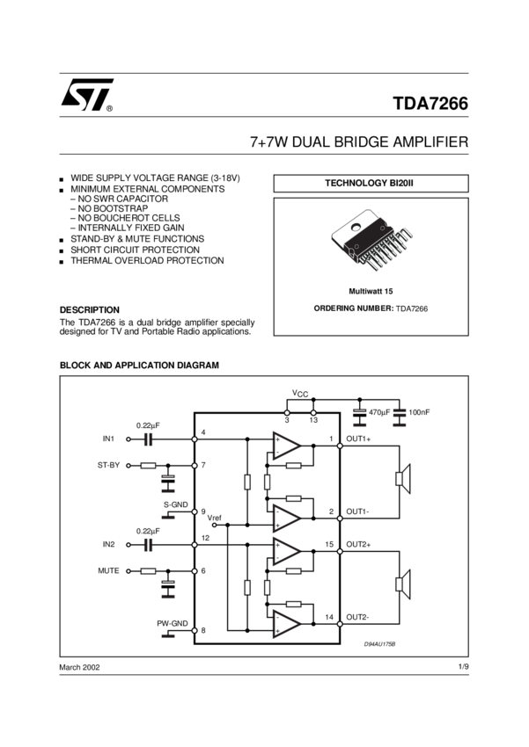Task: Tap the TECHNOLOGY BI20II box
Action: tap(370, 183)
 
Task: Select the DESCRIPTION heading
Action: tap(89, 309)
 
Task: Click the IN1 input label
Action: tap(109, 438)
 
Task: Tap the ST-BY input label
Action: tap(108, 466)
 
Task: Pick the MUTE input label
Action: tap(108, 571)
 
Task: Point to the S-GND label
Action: tap(176, 504)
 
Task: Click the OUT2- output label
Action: tap(358, 617)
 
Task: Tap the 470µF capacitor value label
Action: tap(379, 412)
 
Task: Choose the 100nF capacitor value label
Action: tap(420, 412)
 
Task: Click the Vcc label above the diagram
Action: tap(300, 395)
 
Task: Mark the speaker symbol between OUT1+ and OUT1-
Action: tap(400, 478)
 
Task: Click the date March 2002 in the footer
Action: tap(79, 668)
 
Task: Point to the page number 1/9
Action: tap(463, 668)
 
